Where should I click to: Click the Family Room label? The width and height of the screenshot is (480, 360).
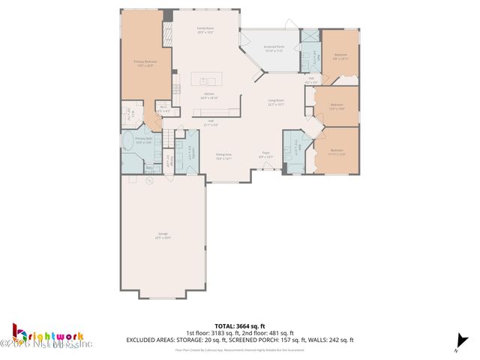[x=205, y=31]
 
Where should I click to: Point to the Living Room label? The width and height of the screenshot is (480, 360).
[x=276, y=103]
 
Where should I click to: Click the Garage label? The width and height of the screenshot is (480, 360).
[x=163, y=235]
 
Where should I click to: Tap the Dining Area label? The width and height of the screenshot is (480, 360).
[x=223, y=157]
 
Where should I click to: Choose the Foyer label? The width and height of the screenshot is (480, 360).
[x=265, y=155]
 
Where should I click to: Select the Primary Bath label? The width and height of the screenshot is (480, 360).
[x=144, y=140]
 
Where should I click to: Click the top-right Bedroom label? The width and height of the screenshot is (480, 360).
[x=340, y=55]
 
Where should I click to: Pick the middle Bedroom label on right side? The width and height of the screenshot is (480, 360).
[x=337, y=106]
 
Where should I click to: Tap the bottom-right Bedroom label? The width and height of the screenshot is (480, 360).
[x=337, y=153]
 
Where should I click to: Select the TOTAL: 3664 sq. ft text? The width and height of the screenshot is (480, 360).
[x=239, y=325]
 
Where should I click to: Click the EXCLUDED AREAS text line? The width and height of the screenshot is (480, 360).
[x=239, y=340]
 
